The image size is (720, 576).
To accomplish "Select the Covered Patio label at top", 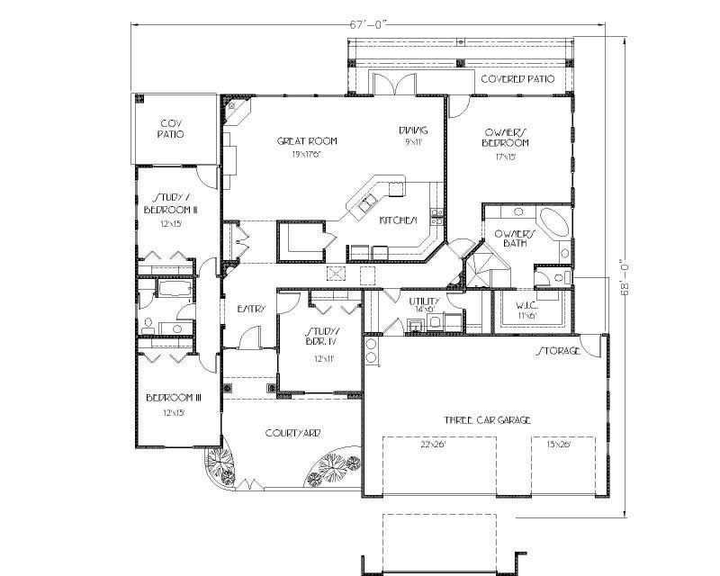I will pos(516,79).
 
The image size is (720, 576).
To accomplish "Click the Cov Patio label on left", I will pos(172,128).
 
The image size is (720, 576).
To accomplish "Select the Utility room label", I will pos(423,301).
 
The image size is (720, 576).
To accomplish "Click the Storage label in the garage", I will pos(559,350).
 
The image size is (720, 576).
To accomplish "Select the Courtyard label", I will pos(292,433).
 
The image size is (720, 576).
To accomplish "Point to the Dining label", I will pos(413,130).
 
